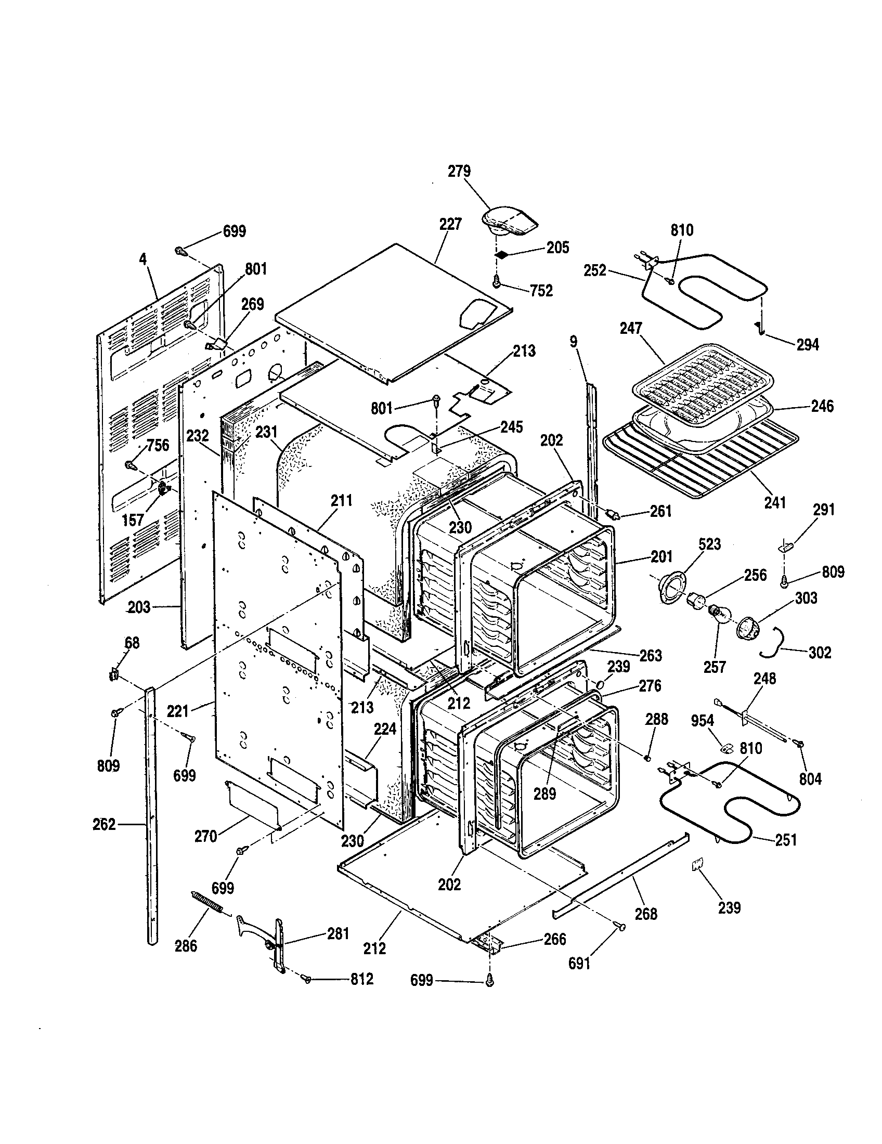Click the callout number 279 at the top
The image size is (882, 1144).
[x=459, y=171]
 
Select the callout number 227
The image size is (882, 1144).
[x=450, y=225]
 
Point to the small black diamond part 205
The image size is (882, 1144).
[x=502, y=255]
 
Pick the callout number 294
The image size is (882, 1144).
[x=807, y=344]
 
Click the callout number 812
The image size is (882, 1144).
[x=361, y=979]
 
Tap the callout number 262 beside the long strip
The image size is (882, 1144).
[x=103, y=824]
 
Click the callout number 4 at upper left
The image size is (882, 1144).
[x=142, y=258]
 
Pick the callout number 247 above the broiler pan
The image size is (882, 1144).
[x=631, y=329]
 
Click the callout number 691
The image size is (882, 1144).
[x=579, y=963]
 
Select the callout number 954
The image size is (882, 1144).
[x=702, y=721]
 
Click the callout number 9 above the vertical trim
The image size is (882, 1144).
[x=574, y=342]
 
